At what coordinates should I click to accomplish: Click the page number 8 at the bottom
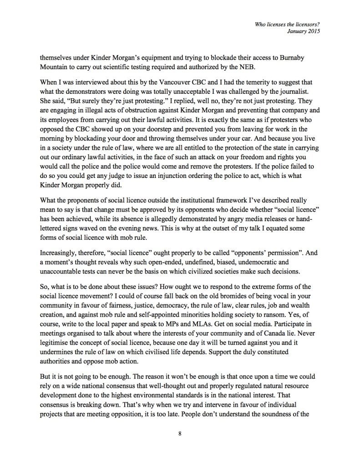180,433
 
